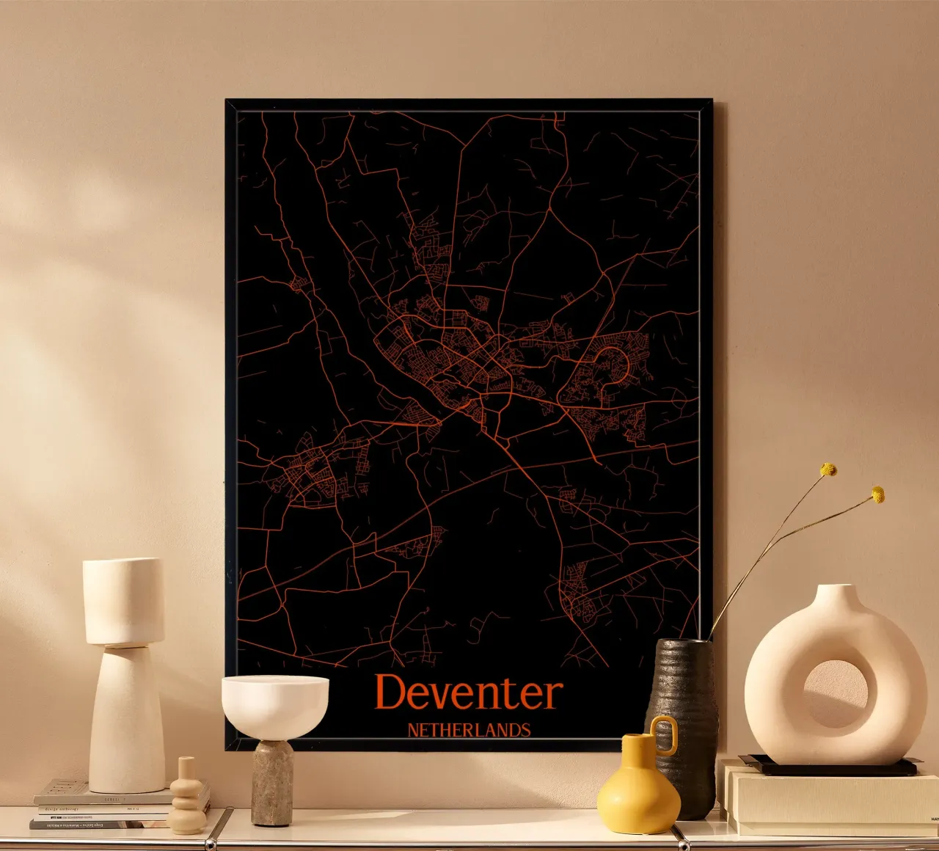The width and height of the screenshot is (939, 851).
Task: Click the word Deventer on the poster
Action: point(469,693)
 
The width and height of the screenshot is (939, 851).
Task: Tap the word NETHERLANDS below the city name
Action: point(469,730)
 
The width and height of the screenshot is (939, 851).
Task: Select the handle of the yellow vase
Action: point(666,735)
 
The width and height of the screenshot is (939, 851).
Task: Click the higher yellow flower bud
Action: point(829,469)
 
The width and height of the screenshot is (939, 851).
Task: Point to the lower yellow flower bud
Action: point(877,494)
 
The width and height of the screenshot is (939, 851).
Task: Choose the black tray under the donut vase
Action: point(829,767)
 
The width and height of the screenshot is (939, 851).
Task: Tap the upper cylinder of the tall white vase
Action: point(123,600)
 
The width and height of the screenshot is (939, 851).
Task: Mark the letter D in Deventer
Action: point(392,693)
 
